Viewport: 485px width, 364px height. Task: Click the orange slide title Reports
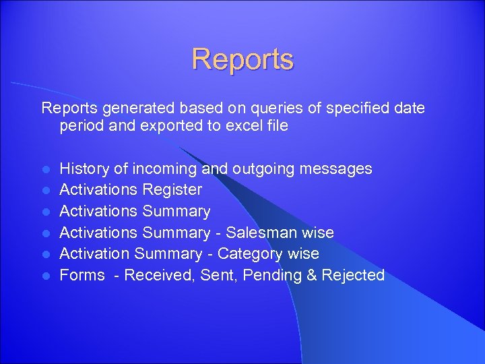(243, 59)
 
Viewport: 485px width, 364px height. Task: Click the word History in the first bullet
(84, 169)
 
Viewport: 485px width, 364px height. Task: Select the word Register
(172, 190)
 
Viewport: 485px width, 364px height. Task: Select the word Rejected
(353, 275)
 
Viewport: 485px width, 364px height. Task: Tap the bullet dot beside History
(45, 169)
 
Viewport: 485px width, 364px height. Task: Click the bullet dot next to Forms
(45, 276)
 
